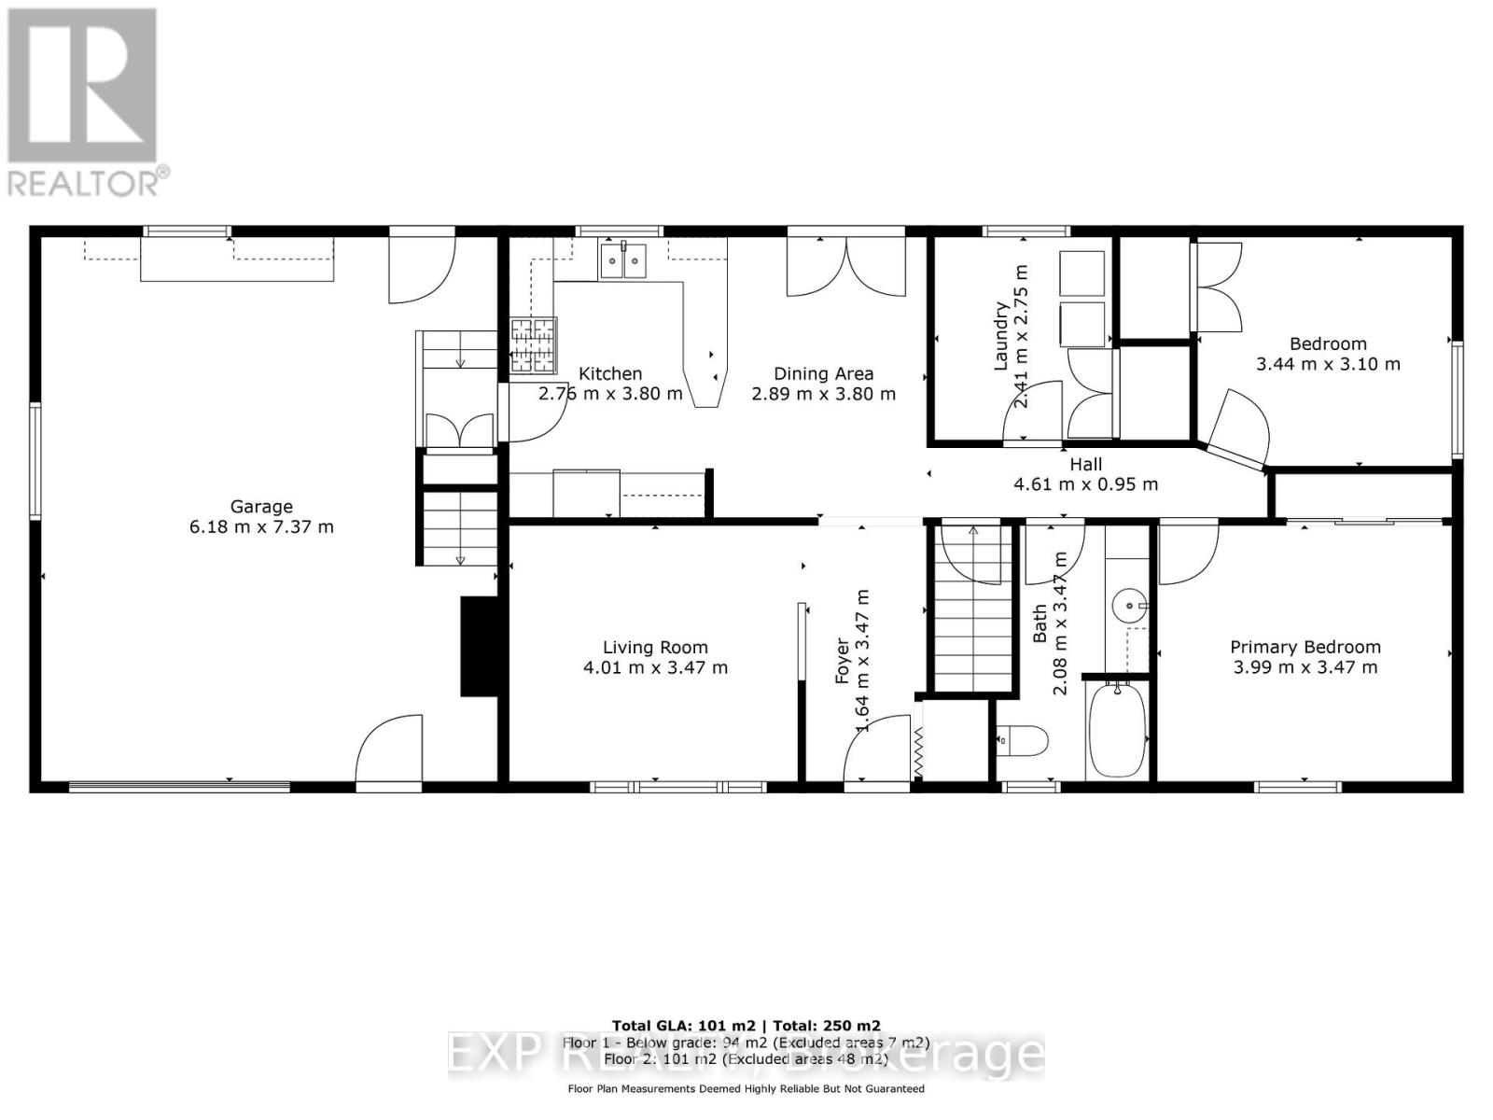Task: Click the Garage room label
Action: (x=261, y=507)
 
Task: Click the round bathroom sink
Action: (x=1130, y=607)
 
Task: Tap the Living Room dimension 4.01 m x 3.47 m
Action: (x=655, y=668)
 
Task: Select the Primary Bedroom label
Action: (x=1305, y=647)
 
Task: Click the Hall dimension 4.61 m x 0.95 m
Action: (x=1085, y=484)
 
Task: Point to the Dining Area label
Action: (x=823, y=373)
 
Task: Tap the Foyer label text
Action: (x=843, y=661)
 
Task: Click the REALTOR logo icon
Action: (x=82, y=86)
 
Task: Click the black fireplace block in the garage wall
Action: (x=479, y=647)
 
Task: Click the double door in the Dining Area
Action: (x=846, y=266)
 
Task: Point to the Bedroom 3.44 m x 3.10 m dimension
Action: (x=1327, y=364)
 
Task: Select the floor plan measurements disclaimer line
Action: (x=746, y=1089)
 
